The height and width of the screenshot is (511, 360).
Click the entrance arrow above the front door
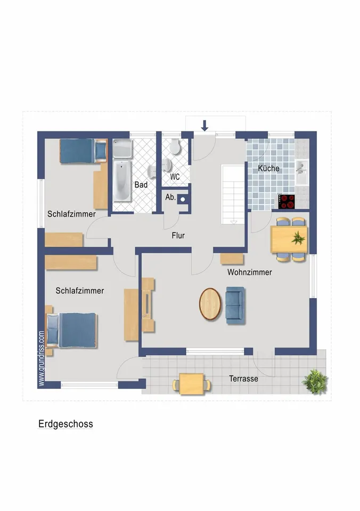tap(204, 126)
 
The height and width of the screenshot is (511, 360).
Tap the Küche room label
tap(269, 169)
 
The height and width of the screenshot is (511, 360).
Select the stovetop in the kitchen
tap(287, 202)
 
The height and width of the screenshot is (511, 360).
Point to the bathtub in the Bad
tap(122, 181)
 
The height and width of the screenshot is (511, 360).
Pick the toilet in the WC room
tap(175, 147)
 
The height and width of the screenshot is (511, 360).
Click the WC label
tap(175, 177)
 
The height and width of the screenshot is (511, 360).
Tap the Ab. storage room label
tap(170, 197)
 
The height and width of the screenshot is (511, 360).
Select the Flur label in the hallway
tap(178, 235)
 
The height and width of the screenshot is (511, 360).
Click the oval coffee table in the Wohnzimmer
tap(210, 304)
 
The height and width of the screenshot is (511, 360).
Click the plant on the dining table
tap(298, 238)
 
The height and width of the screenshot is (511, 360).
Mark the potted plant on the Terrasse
tap(315, 381)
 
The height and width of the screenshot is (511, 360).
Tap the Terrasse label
tap(243, 378)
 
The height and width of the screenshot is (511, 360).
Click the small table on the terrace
tap(192, 384)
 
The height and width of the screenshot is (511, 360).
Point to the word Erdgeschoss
tap(66, 424)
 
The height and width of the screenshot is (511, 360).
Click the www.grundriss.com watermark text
tap(42, 358)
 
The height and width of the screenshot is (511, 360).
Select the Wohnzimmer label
tap(249, 272)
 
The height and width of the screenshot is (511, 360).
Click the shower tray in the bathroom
tap(122, 149)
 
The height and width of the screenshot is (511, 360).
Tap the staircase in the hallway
tap(233, 194)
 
